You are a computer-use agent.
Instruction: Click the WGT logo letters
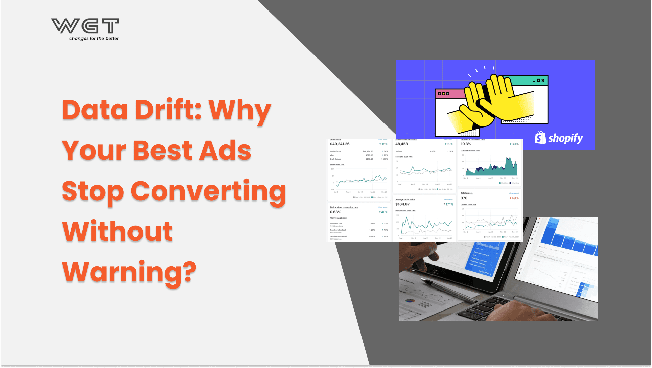tap(85, 26)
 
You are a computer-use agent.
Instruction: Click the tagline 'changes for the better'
tap(94, 39)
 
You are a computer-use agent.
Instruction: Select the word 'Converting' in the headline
tap(208, 191)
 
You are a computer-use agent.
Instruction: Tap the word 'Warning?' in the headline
tap(129, 272)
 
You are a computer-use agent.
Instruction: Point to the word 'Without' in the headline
tap(117, 231)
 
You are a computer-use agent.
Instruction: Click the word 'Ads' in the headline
tap(225, 151)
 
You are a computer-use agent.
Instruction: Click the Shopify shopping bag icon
tap(540, 138)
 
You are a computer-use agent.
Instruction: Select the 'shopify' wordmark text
tap(565, 138)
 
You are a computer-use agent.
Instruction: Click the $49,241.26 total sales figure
tap(340, 144)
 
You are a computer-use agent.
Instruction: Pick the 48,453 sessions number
tap(401, 144)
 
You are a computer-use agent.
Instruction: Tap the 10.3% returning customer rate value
tap(466, 144)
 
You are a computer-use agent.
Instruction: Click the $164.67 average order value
tap(402, 204)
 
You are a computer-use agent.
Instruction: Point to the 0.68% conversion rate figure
tap(335, 212)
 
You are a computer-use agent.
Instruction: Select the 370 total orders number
tap(464, 198)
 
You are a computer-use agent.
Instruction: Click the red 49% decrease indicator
tap(514, 198)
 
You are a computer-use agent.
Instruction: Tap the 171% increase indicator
tap(448, 204)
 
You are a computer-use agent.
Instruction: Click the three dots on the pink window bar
tap(443, 94)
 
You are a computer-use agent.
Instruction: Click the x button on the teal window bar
tap(543, 80)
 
